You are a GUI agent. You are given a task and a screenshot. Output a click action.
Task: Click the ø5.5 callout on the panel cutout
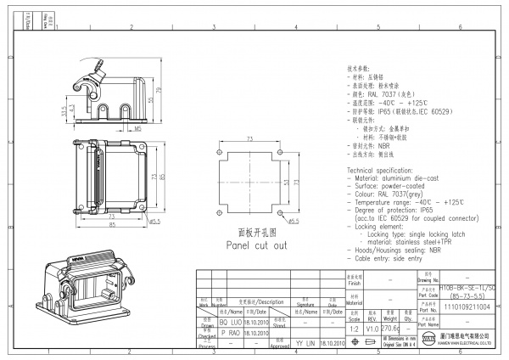[294, 222]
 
